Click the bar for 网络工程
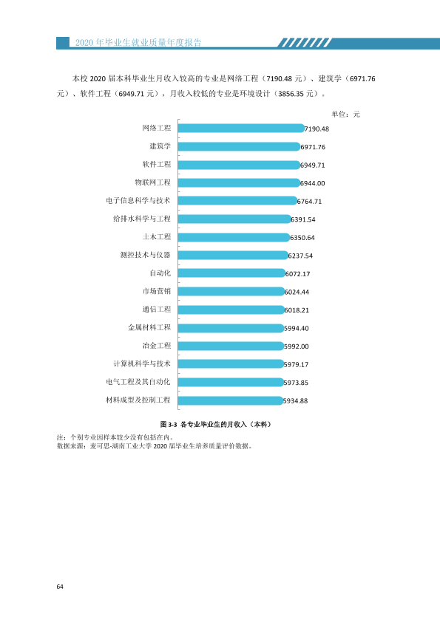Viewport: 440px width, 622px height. pos(241,128)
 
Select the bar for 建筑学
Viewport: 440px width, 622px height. pos(239,146)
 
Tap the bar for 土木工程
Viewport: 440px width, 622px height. pos(234,237)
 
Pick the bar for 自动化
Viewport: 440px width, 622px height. pos(231,273)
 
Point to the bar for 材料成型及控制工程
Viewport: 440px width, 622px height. pos(230,400)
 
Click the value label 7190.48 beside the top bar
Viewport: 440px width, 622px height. pos(317,129)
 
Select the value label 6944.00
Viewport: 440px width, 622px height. pos(313,183)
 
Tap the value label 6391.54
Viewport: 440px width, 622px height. pos(303,219)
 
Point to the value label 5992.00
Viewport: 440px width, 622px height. pos(297,346)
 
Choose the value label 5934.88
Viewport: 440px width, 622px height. pos(296,400)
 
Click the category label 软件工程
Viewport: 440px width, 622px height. pos(157,164)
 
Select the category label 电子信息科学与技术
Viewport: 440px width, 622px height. pos(138,201)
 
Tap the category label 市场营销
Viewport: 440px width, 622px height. pos(157,291)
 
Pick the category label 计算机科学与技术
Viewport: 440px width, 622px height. pos(142,363)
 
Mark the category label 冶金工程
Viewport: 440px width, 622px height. pos(157,346)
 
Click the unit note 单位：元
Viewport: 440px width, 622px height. pos(345,115)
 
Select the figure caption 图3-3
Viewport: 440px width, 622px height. pos(169,425)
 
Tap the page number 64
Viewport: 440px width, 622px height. pos(60,587)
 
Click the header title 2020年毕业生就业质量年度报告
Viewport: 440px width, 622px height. pos(138,42)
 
